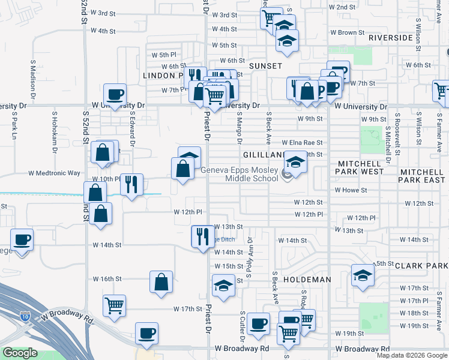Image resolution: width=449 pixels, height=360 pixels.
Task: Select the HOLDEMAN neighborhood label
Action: [307, 280]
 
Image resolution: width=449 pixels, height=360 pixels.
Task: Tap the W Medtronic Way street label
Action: [55, 173]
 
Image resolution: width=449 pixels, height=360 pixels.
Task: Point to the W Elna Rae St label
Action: [303, 143]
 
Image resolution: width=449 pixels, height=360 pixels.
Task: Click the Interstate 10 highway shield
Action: [25, 316]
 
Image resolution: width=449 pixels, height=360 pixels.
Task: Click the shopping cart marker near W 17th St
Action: [114, 305]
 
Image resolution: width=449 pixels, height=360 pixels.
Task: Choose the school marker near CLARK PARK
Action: [363, 275]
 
